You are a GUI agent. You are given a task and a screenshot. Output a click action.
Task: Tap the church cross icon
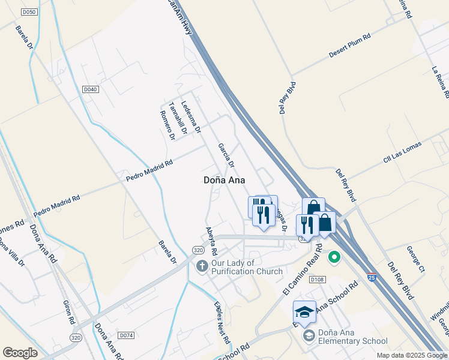[202, 265]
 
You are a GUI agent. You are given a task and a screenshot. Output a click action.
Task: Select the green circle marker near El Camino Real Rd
[334, 258]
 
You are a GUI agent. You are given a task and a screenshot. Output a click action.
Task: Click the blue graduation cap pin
[304, 312]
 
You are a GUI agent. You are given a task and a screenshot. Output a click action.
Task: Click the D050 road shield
[28, 12]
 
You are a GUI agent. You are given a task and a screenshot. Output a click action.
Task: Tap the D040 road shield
[90, 89]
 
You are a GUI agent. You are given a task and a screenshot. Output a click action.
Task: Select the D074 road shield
[125, 335]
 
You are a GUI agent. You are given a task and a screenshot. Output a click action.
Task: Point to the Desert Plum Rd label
[350, 46]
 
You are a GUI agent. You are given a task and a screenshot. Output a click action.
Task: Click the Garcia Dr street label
[225, 155]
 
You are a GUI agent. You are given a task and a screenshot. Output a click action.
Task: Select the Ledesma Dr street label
[191, 116]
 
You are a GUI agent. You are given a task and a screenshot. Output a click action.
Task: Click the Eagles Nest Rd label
[222, 322]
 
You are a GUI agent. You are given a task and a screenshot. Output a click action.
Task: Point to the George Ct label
[415, 259]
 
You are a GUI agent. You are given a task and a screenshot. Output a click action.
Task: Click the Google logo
[20, 353]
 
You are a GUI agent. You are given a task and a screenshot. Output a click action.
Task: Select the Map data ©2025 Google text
[412, 355]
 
